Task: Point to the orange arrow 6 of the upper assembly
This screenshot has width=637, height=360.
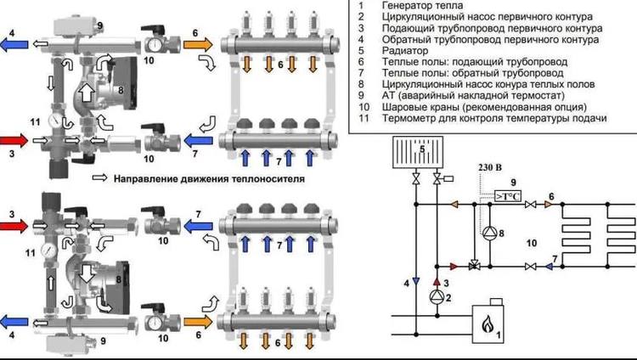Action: pyautogui.click(x=197, y=42)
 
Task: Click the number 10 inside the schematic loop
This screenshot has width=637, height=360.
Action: pyautogui.click(x=533, y=243)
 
